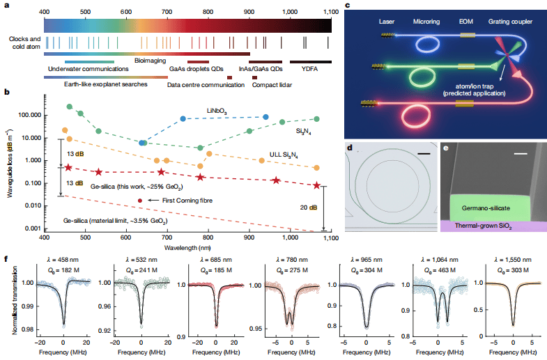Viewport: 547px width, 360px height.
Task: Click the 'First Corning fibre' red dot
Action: click(x=141, y=201)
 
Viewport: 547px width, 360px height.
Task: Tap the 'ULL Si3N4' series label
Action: click(x=286, y=155)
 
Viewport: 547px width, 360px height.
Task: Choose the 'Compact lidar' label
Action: click(x=272, y=85)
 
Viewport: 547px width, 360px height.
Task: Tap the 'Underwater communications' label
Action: click(x=88, y=69)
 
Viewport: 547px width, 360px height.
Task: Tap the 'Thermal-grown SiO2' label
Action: click(x=491, y=226)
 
